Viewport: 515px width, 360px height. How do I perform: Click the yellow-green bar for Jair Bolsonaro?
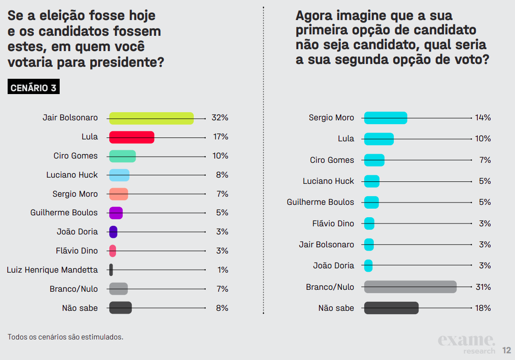(x=151, y=118)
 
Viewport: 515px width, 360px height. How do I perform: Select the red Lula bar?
(x=132, y=137)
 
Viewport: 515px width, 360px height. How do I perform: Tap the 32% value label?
(x=220, y=118)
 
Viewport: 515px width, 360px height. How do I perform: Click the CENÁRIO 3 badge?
(x=33, y=88)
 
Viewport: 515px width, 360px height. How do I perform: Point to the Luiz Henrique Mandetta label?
(x=52, y=270)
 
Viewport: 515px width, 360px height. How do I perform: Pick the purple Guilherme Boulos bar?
(x=116, y=213)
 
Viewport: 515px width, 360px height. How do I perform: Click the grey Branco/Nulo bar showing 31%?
(x=410, y=287)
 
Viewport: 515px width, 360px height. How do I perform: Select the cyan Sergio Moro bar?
(x=386, y=118)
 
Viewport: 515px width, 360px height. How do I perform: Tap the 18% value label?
(x=483, y=308)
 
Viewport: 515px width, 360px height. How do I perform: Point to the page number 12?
(x=506, y=350)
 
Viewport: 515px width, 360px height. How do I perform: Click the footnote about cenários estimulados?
(x=65, y=337)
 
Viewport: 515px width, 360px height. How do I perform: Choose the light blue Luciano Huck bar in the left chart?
(x=119, y=175)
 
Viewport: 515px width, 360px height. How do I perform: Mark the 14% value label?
(x=483, y=118)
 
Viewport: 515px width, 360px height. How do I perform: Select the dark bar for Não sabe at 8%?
(x=120, y=308)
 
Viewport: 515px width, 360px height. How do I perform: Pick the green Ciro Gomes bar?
(x=122, y=156)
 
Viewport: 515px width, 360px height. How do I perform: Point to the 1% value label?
(x=223, y=270)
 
